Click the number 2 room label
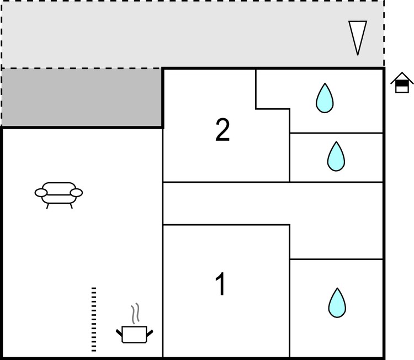222,130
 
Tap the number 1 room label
221,284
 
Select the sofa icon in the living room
59,195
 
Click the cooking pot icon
134,335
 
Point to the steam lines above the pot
135,314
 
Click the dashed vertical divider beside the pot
94,319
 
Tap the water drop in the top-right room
325,98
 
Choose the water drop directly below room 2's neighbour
336,156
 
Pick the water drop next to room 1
337,303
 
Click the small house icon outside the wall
402,82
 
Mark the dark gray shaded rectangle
82,98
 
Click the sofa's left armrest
41,193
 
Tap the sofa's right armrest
76,193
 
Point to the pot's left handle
119,332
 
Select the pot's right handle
150,333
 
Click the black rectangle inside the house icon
402,84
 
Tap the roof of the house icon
402,78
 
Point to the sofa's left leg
48,206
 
